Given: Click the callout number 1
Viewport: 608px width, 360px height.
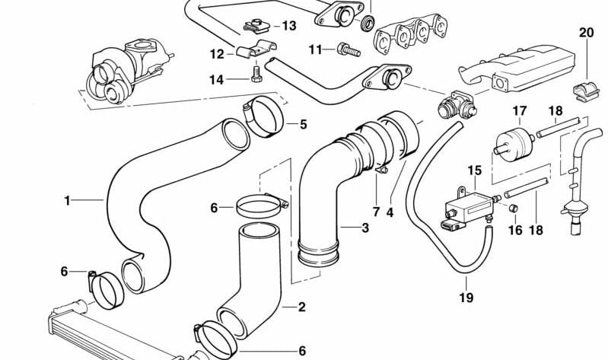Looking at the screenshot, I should click(x=67, y=200).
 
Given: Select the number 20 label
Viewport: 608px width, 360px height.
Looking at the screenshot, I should click(x=585, y=32).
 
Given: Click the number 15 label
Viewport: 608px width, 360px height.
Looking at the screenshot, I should click(x=475, y=170).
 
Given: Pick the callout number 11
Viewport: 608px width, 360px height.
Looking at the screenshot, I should click(x=316, y=49).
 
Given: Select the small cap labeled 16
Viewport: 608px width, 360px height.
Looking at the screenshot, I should click(x=515, y=208).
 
